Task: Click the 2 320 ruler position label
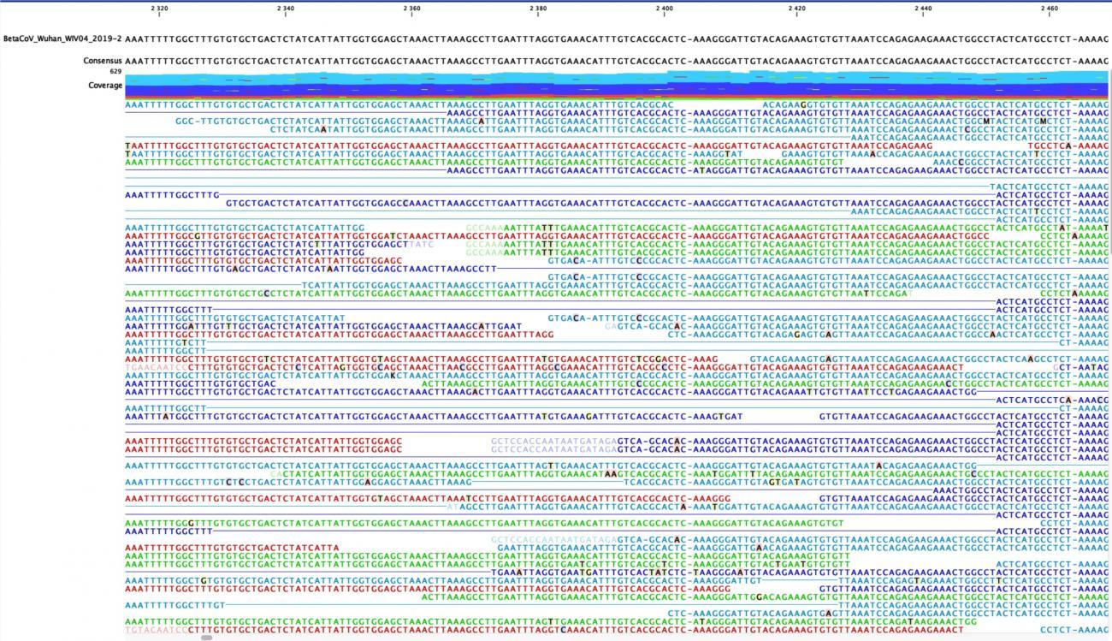pyautogui.click(x=159, y=9)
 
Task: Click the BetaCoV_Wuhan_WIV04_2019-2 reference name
pyautogui.click(x=62, y=39)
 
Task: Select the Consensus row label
pyautogui.click(x=103, y=61)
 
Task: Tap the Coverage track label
pyautogui.click(x=105, y=86)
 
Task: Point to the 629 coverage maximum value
pyautogui.click(x=115, y=72)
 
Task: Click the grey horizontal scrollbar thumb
pyautogui.click(x=206, y=638)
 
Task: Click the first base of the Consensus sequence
pyautogui.click(x=128, y=61)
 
